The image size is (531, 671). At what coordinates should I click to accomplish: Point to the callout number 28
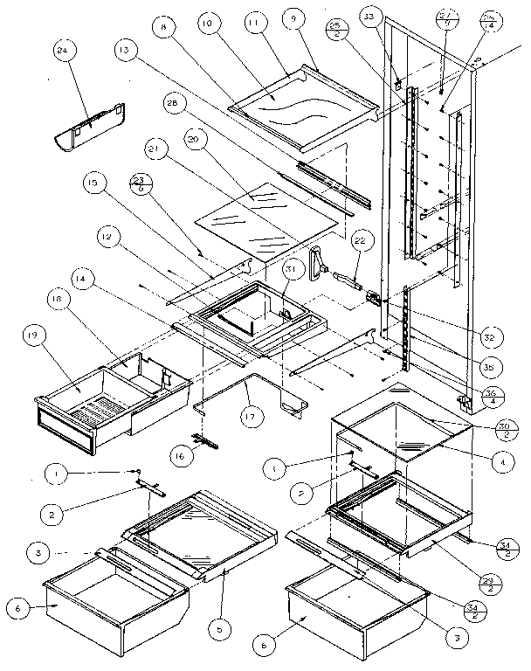tap(173, 105)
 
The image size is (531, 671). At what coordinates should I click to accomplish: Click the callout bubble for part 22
tap(359, 237)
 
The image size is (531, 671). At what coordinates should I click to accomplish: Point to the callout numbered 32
tap(489, 336)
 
